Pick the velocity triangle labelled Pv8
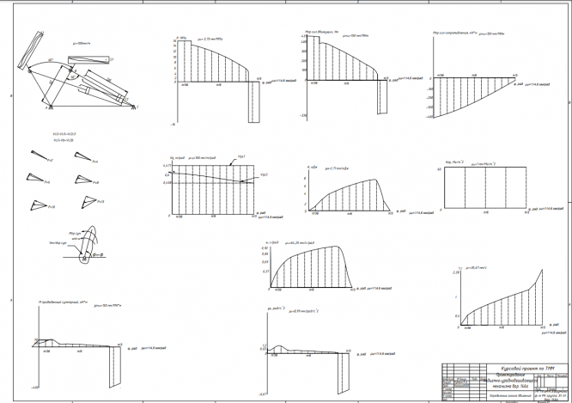pyautogui.click(x=82, y=178)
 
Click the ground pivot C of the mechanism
pyautogui.click(x=135, y=106)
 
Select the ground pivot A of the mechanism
pyautogui.click(x=49, y=107)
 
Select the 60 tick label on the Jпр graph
pyautogui.click(x=439, y=170)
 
